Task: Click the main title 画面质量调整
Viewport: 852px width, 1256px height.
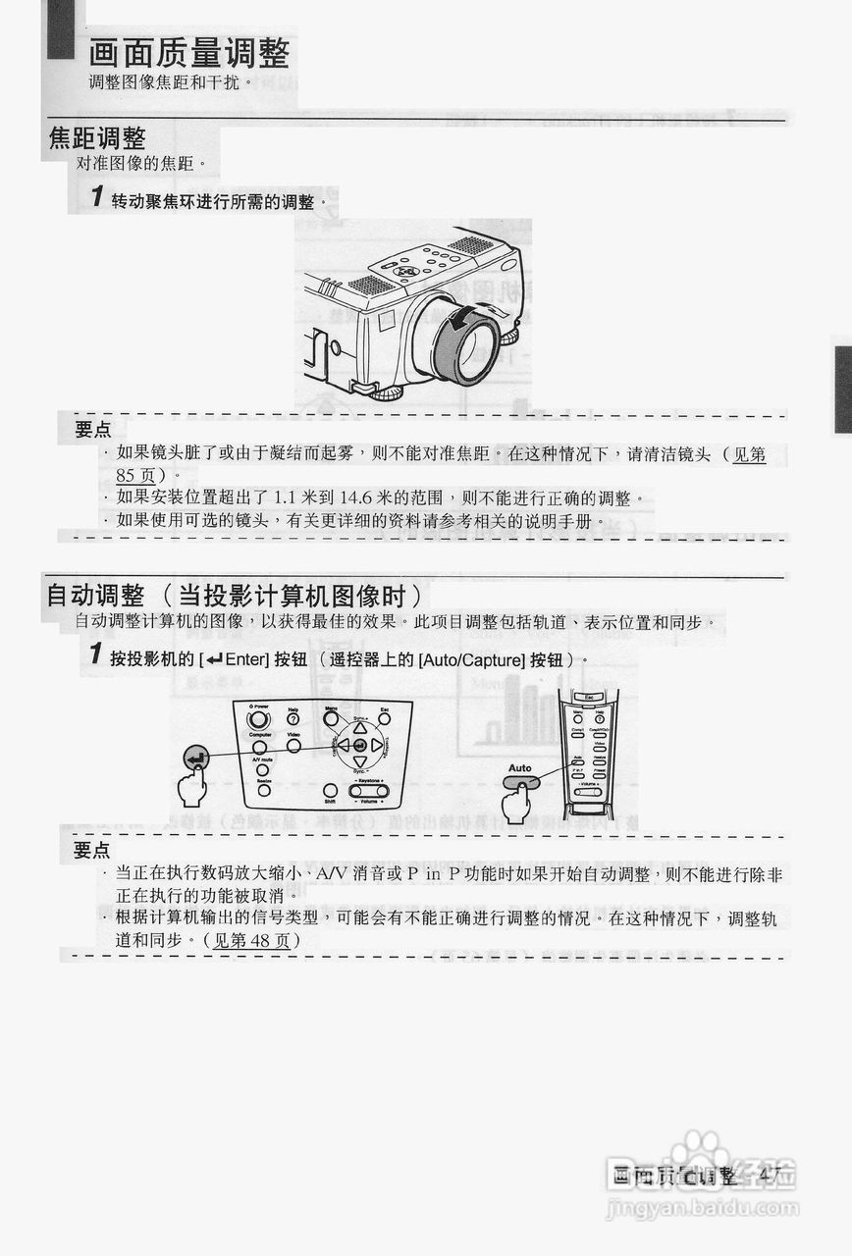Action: tap(189, 52)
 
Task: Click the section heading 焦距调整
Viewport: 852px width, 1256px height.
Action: tap(97, 138)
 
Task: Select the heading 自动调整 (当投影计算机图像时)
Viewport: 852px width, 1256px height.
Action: tap(235, 595)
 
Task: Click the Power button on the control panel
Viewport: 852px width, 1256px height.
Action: tap(259, 719)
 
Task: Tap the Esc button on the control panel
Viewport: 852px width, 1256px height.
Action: tap(385, 719)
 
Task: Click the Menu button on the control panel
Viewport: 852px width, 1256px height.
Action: tap(331, 717)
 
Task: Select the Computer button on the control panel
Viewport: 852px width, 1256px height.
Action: tap(260, 747)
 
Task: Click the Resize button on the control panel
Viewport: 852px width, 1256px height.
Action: tap(263, 790)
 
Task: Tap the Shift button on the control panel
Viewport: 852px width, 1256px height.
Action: tap(330, 791)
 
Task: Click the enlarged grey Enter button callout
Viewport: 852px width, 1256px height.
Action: tap(196, 758)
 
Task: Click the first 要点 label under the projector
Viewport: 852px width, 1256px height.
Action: tap(93, 430)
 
